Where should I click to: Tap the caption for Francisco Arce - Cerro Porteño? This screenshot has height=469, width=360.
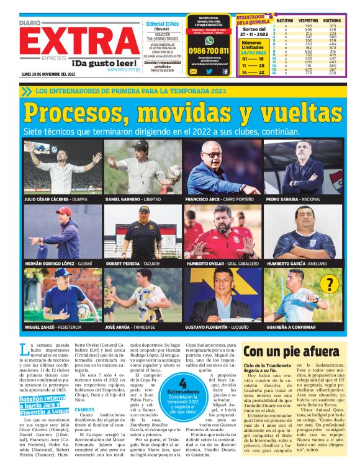point(219,200)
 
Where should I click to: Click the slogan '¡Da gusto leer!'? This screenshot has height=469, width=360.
point(104,63)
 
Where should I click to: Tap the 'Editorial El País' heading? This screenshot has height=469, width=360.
point(161,23)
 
